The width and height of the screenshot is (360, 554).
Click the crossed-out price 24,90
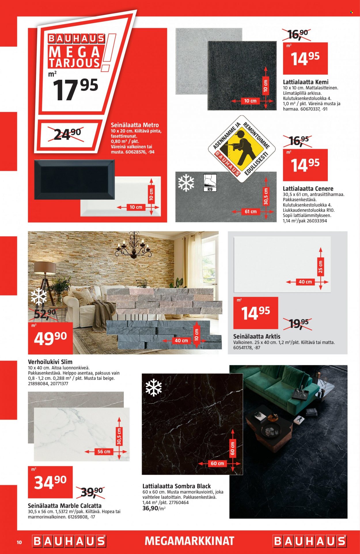point(68,134)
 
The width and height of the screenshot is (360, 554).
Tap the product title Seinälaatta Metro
point(135,125)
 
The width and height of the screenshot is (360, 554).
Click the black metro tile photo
point(74,180)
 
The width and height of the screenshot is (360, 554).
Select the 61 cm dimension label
point(251,211)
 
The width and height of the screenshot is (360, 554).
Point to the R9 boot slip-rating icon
point(210,183)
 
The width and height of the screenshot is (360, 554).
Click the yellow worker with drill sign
point(242,149)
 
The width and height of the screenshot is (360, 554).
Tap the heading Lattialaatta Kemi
point(306,82)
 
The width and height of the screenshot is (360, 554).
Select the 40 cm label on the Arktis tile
point(305,282)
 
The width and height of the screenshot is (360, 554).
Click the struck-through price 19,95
point(298,324)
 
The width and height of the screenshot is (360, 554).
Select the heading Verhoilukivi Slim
point(50,362)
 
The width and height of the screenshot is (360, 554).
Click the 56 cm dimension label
point(104,451)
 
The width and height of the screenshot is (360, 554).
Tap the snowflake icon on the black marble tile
point(154,388)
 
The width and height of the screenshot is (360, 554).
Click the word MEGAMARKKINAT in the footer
point(190,541)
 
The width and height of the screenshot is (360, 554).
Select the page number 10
point(19,542)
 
